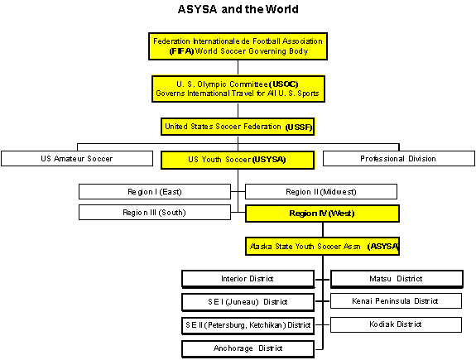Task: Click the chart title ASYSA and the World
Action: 238,9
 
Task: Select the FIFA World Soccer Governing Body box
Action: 238,46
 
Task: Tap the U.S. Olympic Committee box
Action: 238,89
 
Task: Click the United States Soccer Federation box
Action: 238,127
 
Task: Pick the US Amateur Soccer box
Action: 77,158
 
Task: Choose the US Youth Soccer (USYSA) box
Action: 238,160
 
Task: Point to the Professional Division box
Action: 398,158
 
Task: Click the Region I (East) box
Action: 155,191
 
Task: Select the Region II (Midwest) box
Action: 321,191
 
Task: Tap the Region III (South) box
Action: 155,212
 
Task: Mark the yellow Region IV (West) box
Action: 322,214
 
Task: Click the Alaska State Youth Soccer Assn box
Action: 322,246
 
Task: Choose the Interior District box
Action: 248,279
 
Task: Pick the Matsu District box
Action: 397,279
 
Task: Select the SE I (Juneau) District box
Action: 248,302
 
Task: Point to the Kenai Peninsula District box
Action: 396,300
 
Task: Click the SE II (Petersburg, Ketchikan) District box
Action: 248,326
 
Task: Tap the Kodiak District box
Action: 396,324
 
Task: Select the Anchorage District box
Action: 248,348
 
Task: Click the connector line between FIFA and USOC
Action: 238,68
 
